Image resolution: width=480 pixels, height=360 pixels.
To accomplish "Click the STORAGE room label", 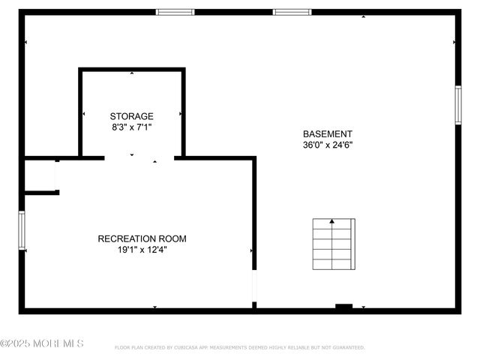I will pos(131,116).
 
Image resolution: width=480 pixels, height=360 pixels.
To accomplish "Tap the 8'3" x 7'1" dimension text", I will pos(131,127).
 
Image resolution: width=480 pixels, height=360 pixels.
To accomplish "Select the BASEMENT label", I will pos(327,133).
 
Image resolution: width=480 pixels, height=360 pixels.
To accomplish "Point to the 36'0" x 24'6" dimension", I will pos(327,145).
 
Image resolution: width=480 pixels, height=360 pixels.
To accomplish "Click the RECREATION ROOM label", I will pos(142,238).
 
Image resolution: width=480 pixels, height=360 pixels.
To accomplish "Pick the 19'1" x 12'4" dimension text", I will pos(142,250).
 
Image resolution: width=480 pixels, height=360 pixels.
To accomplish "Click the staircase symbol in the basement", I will pos(334,244).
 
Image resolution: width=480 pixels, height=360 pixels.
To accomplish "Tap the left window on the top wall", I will pos(175,12).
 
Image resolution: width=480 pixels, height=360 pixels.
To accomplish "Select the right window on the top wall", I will pos(292,12).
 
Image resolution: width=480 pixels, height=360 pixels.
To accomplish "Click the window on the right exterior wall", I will pos(457,104).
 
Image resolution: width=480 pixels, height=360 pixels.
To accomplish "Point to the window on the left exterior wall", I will pos(22,230).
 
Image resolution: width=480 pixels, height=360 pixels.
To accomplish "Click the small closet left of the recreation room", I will pos(40,175).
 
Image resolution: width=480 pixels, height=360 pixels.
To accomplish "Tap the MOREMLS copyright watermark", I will pos(42,343).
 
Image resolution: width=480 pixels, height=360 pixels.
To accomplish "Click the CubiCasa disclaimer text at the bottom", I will pos(239,347).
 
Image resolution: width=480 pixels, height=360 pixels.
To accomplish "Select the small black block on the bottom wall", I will pos(343,307).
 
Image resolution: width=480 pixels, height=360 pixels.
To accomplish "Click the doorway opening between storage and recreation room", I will pos(139,157).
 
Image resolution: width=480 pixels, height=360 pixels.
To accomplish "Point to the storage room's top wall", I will pos(132,70).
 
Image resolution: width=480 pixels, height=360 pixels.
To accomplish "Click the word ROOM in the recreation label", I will pos(169,238).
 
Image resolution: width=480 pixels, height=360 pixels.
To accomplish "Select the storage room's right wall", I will pos(183,112).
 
